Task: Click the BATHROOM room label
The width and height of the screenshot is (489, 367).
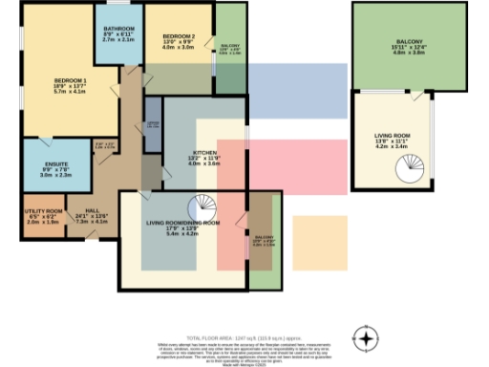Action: point(119,30)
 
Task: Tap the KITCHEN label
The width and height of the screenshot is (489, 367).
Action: point(204,153)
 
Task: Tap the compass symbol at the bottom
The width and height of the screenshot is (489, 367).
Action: point(365,338)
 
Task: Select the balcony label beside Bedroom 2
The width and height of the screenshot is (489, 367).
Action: point(230,46)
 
